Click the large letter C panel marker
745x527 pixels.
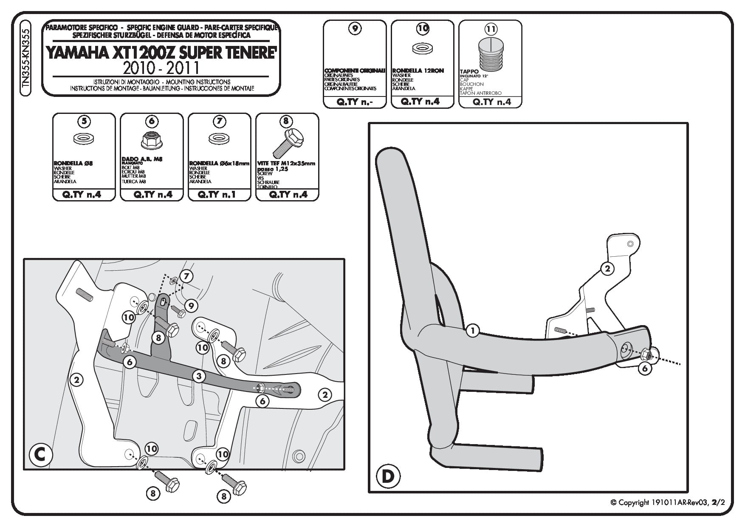pos(40,454)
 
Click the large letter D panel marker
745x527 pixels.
pos(387,476)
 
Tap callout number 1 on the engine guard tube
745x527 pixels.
pos(472,330)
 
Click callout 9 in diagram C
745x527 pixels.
pos(191,305)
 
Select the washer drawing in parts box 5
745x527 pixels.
pos(84,139)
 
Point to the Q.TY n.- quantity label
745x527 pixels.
pos(354,102)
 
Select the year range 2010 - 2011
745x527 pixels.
pos(161,68)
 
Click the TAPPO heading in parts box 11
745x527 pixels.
pos(469,71)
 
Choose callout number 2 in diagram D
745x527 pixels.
pos(607,268)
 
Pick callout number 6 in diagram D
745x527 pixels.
pos(645,368)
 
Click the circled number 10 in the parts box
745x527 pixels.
pos(423,28)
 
